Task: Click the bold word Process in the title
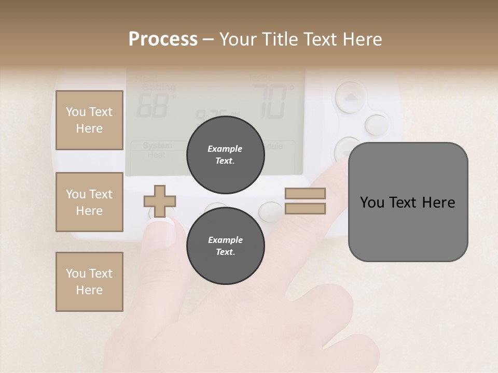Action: [163, 39]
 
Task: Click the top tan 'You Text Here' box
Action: [89, 120]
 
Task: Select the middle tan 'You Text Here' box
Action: [89, 202]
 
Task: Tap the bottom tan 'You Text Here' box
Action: [89, 282]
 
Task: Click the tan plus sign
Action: [160, 201]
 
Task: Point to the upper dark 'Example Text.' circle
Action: [225, 155]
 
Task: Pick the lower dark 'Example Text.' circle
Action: [225, 246]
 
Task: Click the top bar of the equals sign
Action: [306, 193]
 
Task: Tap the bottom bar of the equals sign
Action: [306, 209]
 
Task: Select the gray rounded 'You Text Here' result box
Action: [408, 202]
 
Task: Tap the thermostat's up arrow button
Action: [351, 97]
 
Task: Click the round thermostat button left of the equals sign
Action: [271, 211]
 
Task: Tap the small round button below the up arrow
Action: [376, 124]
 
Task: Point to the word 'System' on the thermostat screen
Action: [157, 147]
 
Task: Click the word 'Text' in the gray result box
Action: [403, 202]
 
